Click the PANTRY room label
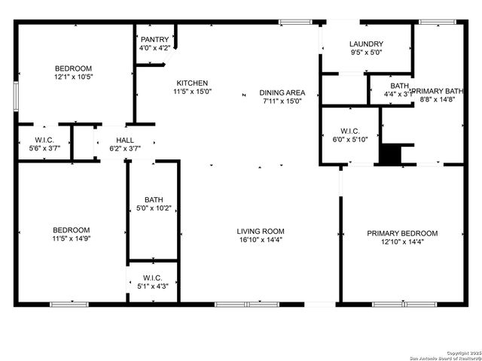coord(154,39)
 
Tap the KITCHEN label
coord(192,83)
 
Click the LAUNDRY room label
coord(367,44)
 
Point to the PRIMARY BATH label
coord(438,89)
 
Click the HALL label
coord(125,140)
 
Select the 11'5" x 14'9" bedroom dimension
coord(72,239)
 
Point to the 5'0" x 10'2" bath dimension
coord(154,208)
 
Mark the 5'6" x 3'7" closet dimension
coord(44,149)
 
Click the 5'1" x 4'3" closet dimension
coord(153,286)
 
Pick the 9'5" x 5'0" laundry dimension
coord(367,53)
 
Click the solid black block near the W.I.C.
coord(390,154)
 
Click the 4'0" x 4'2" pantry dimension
coord(154,48)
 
